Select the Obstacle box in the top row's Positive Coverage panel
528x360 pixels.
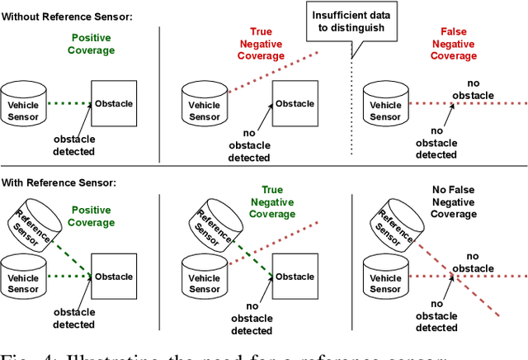pyautogui.click(x=113, y=104)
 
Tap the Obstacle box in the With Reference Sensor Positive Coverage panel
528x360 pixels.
pyautogui.click(x=113, y=276)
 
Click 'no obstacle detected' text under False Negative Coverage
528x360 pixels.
pyautogui.click(x=436, y=142)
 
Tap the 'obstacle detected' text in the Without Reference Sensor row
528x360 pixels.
pyautogui.click(x=73, y=145)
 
